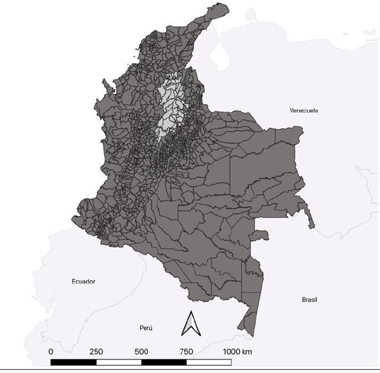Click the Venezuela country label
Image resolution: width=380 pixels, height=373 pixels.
pos(304,110)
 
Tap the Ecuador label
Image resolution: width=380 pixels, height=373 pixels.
pos(83,281)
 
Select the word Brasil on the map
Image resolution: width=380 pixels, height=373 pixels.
pos(309,300)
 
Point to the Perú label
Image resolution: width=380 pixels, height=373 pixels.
pos(145,328)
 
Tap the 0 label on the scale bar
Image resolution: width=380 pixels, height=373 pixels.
pos(51,351)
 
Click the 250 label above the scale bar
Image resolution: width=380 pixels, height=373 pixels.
pos(96,351)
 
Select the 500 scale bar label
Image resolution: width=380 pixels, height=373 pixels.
pos(141,351)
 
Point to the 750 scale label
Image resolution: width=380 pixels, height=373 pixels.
pos(186,351)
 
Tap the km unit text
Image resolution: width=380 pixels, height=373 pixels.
pos(247,351)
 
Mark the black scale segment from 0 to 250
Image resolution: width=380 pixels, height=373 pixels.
pos(73,363)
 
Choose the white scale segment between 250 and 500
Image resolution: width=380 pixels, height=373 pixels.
pos(119,363)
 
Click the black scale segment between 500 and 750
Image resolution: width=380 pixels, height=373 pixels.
pos(164,363)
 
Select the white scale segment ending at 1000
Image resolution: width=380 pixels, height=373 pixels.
pos(209,363)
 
